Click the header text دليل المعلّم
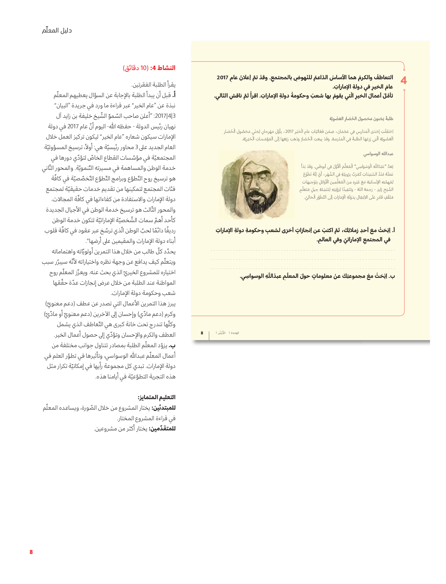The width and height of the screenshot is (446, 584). coord(57,31)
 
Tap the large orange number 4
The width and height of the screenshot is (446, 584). coord(403,80)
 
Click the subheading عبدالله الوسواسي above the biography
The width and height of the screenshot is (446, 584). coord(378,154)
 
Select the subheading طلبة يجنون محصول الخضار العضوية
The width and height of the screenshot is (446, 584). coord(361,119)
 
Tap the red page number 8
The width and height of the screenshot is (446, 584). coord(31,552)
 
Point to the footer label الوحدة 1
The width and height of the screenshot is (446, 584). coord(234,333)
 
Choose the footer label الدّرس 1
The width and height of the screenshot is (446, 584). coord(220,333)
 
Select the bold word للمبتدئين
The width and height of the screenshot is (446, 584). coord(163,408)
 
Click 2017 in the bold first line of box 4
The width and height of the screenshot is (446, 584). coord(222,78)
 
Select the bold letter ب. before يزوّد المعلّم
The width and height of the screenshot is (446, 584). coord(172,345)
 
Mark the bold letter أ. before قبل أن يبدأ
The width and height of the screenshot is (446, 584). coord(173,95)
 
